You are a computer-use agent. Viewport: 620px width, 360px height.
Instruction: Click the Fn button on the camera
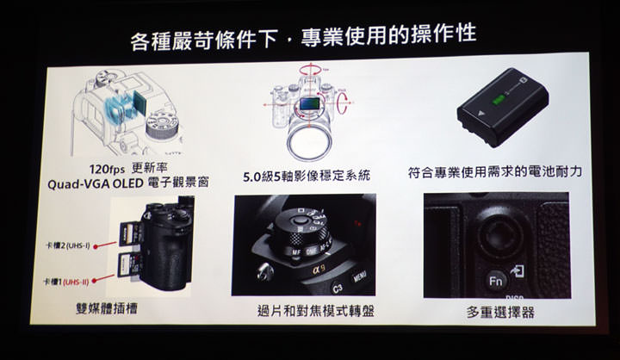click(x=495, y=280)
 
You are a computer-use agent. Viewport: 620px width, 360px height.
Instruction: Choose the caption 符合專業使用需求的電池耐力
click(x=494, y=172)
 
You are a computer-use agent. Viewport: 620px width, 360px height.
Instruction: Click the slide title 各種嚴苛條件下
click(x=208, y=36)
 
